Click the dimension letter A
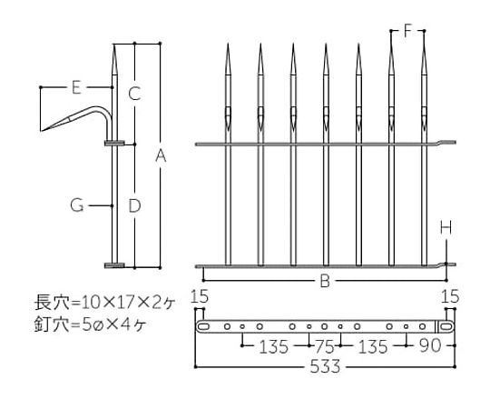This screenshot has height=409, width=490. pos(161,155)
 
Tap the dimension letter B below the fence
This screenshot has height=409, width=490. pos(326,281)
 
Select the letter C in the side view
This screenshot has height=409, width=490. pos(134,94)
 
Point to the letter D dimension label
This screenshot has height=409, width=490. pos(134,205)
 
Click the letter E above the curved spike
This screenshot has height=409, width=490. pos(76,87)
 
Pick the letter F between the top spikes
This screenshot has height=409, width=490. pos(407,31)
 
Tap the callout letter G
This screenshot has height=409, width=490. pos(77,205)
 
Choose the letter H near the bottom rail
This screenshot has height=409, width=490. pos(446,227)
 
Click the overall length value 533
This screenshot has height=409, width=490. pos(325,366)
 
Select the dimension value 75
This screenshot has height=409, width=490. pos(326,346)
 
